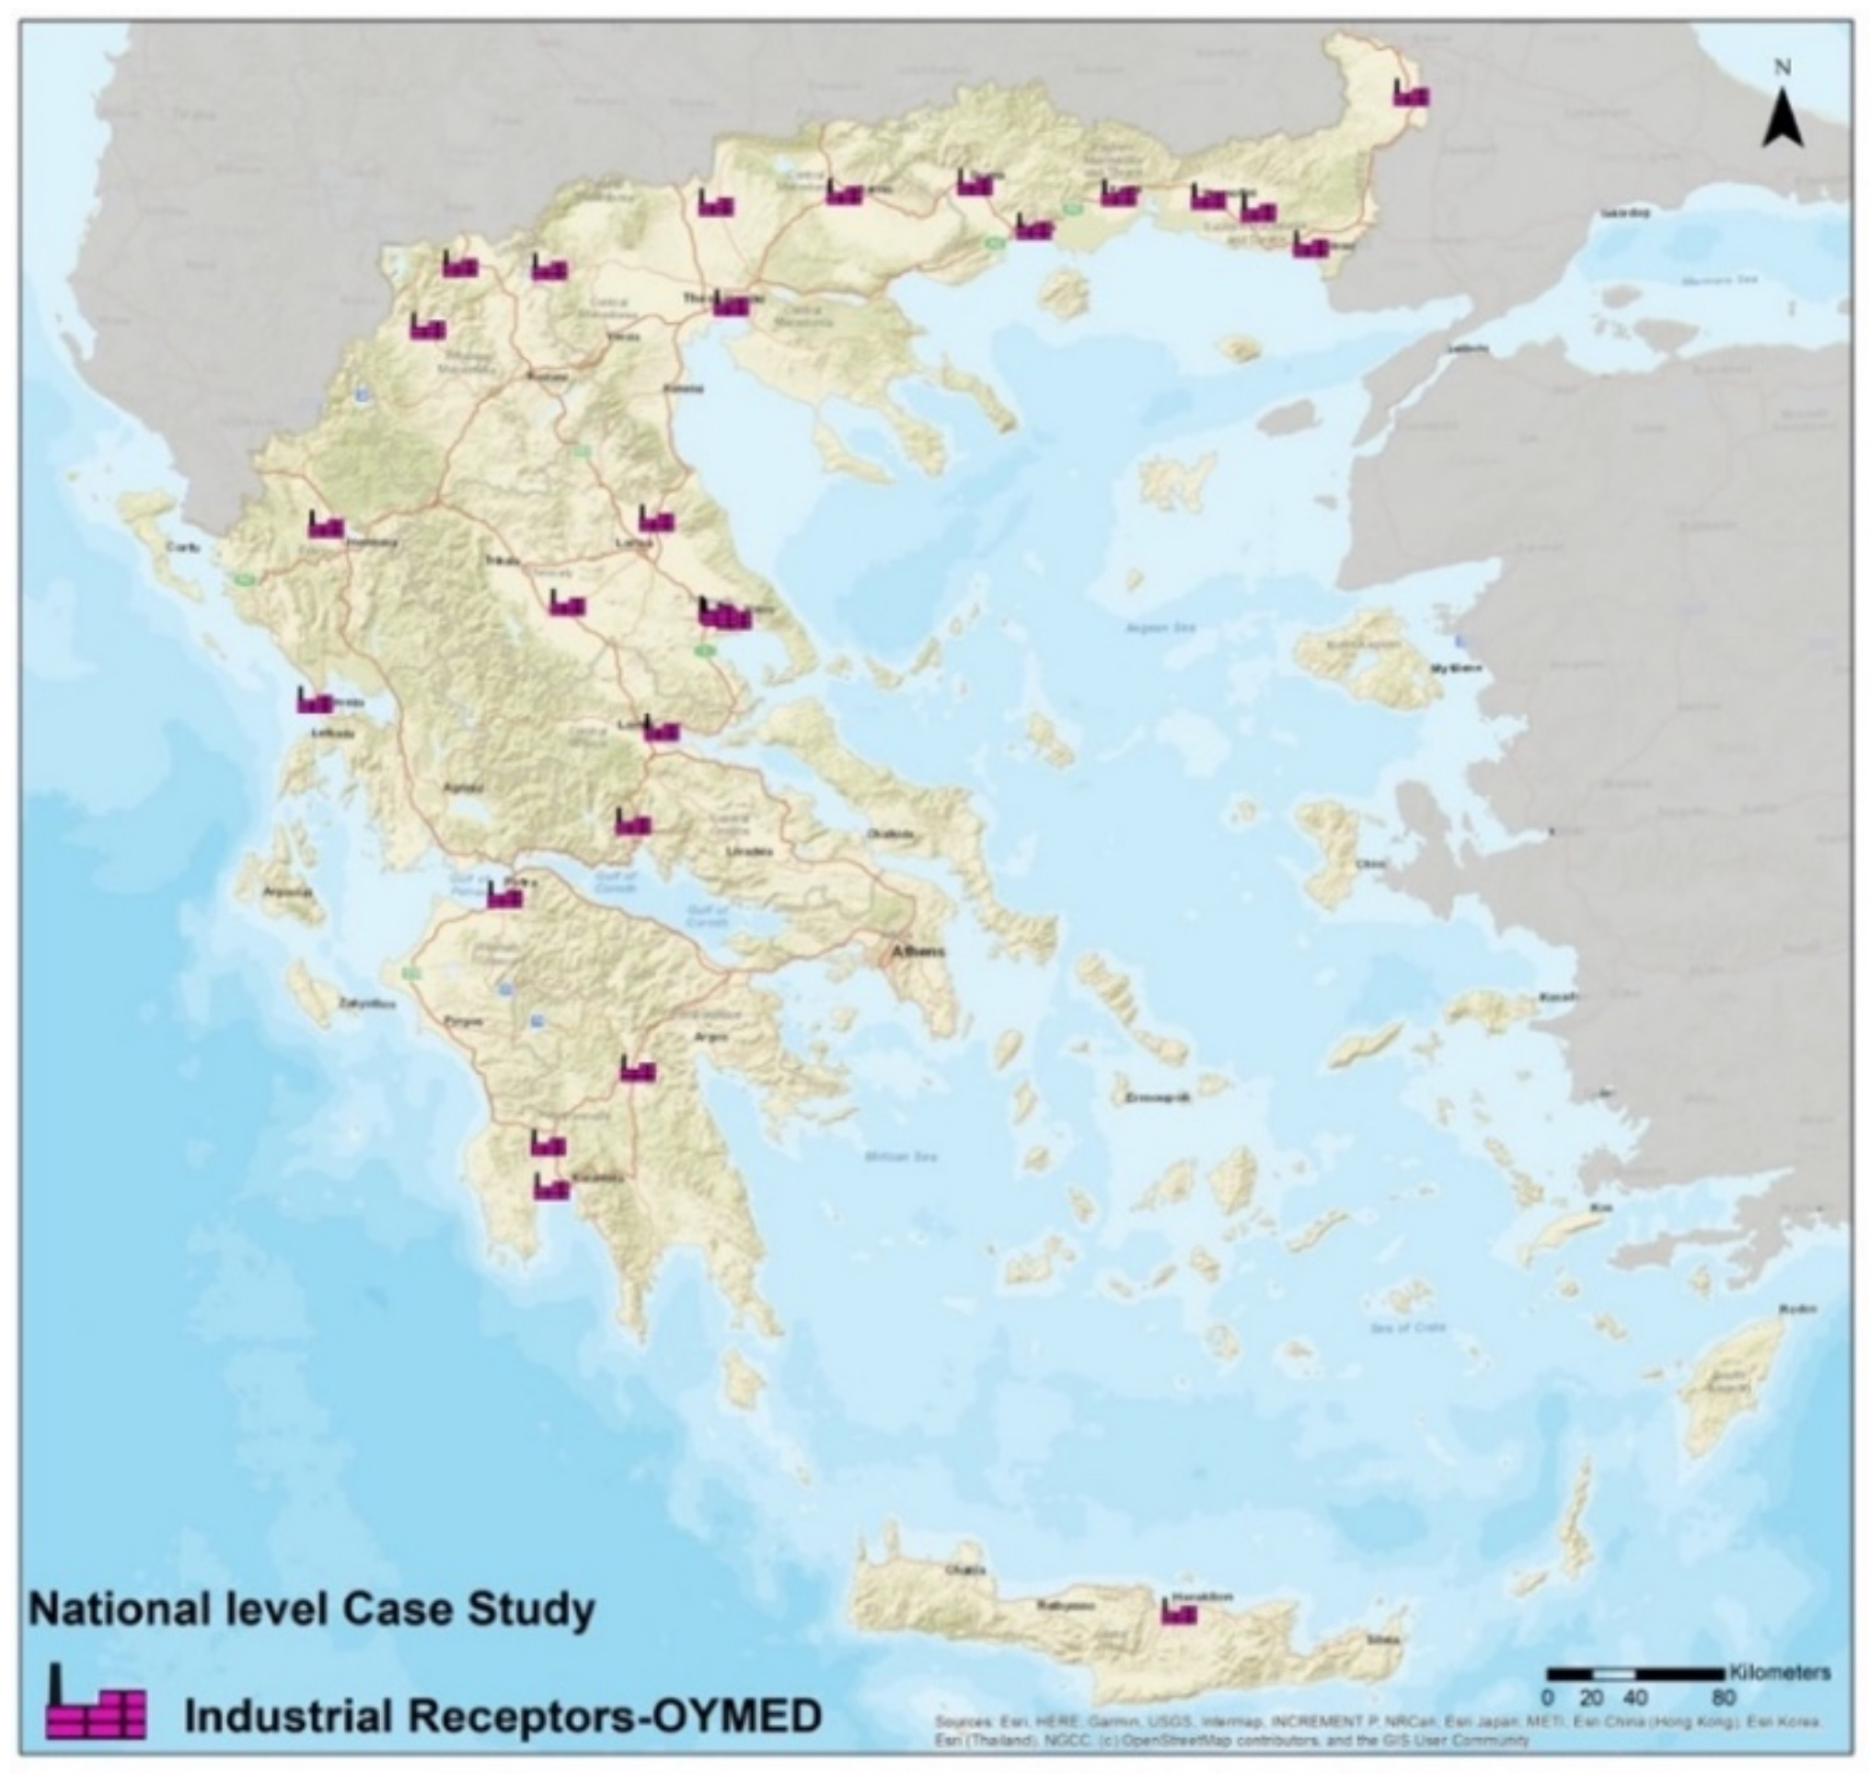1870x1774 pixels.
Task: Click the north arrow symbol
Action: tap(1782, 119)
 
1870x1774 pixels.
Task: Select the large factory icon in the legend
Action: tap(96, 1701)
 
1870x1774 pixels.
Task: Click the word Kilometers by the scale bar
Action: tap(1779, 1672)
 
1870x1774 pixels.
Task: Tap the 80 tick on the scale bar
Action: tap(1724, 1698)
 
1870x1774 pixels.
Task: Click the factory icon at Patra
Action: tap(504, 895)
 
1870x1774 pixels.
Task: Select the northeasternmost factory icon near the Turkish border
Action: tap(1412, 94)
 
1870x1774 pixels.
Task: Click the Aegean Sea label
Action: tap(1160, 627)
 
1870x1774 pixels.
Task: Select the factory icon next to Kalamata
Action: tap(551, 1188)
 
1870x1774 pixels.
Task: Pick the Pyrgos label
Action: tap(465, 1021)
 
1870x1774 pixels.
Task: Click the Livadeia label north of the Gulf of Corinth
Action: tap(749, 851)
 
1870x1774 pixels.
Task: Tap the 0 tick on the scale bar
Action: tap(1549, 1698)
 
